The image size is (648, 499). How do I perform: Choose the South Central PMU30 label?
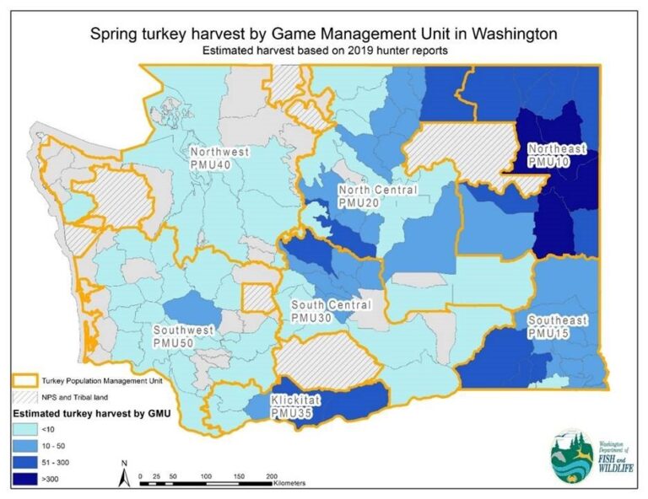click(327, 310)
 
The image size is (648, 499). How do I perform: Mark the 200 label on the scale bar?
click(272, 476)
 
